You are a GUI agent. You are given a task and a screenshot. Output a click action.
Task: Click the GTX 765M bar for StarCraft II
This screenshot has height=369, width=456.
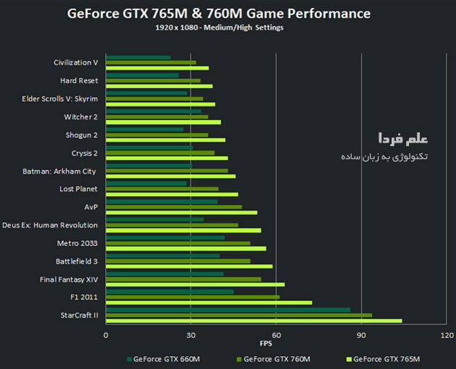253,321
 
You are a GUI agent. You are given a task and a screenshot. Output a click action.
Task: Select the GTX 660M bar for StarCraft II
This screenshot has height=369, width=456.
228,310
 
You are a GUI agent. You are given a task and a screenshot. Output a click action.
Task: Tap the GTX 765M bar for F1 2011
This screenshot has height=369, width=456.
209,302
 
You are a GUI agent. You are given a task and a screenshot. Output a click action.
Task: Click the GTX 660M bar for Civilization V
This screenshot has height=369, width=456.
138,57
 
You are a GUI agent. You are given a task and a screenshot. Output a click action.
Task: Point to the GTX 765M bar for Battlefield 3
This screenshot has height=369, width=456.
189,266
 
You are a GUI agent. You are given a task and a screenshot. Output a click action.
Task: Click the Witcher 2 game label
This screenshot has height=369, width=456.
80,116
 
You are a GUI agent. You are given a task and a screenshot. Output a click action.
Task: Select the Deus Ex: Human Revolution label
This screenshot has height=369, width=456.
50,225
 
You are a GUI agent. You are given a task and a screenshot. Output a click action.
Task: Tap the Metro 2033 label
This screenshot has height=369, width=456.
77,243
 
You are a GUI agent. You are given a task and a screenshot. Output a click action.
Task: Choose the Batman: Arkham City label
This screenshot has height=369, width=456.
59,171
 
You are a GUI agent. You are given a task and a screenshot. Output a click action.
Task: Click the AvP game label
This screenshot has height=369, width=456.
91,207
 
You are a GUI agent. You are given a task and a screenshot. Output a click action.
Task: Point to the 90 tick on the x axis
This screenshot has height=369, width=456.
361,335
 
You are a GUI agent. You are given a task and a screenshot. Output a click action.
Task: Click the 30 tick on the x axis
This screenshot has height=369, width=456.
191,335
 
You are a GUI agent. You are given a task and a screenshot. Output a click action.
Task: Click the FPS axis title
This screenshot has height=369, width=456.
276,344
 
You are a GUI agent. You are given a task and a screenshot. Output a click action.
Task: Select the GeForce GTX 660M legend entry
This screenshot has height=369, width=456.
164,359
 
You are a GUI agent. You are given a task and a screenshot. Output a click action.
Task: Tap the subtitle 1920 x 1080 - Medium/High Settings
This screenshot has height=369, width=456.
219,28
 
